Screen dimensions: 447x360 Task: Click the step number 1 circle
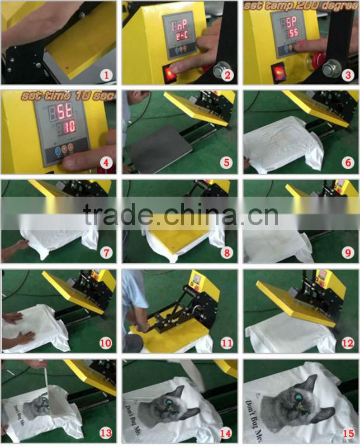105,74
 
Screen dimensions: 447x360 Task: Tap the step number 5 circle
226,163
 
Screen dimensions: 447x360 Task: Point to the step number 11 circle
226,342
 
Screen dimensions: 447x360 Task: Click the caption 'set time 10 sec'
67,96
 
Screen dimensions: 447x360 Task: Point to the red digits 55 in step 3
293,34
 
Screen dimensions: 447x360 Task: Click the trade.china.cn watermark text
180,213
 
